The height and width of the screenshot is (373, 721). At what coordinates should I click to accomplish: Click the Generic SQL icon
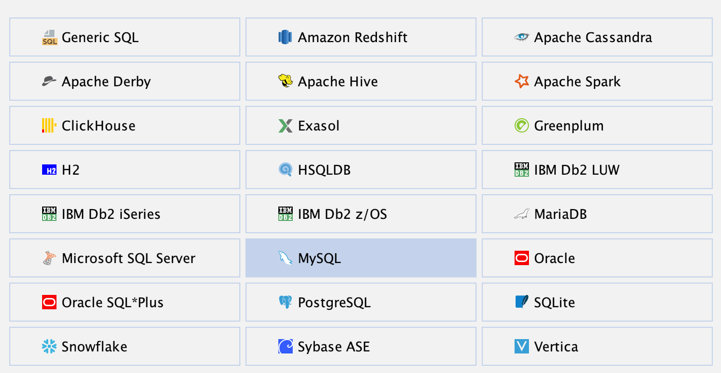49,38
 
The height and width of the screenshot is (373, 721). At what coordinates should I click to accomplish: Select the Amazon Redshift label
352,38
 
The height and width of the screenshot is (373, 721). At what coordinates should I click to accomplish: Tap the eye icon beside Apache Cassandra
521,37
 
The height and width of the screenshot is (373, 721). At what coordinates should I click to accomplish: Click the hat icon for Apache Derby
49,81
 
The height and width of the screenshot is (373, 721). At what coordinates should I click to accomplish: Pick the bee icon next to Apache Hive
286,81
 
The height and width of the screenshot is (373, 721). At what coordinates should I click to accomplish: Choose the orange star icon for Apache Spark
521,81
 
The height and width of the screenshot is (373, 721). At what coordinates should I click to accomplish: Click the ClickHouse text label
98,126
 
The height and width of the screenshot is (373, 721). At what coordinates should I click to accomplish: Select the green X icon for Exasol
286,126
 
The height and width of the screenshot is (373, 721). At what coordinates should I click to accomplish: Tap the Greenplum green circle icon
521,126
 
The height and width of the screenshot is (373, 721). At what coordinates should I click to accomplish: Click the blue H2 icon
49,170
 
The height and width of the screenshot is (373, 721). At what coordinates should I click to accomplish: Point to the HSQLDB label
324,170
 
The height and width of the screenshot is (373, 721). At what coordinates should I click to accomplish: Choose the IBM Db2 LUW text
576,170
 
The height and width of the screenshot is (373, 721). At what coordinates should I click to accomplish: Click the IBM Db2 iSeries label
111,214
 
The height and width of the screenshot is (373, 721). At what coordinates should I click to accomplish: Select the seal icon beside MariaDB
521,214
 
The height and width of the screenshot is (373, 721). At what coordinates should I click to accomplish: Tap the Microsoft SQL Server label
128,258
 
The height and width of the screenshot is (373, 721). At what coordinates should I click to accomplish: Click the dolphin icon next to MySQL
286,258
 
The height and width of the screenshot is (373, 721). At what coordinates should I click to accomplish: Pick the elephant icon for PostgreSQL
286,302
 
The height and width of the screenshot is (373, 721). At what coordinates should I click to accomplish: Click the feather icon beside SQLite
521,302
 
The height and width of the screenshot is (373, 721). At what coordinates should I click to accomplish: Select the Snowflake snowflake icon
49,346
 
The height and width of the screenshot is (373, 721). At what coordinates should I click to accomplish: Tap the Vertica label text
556,347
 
